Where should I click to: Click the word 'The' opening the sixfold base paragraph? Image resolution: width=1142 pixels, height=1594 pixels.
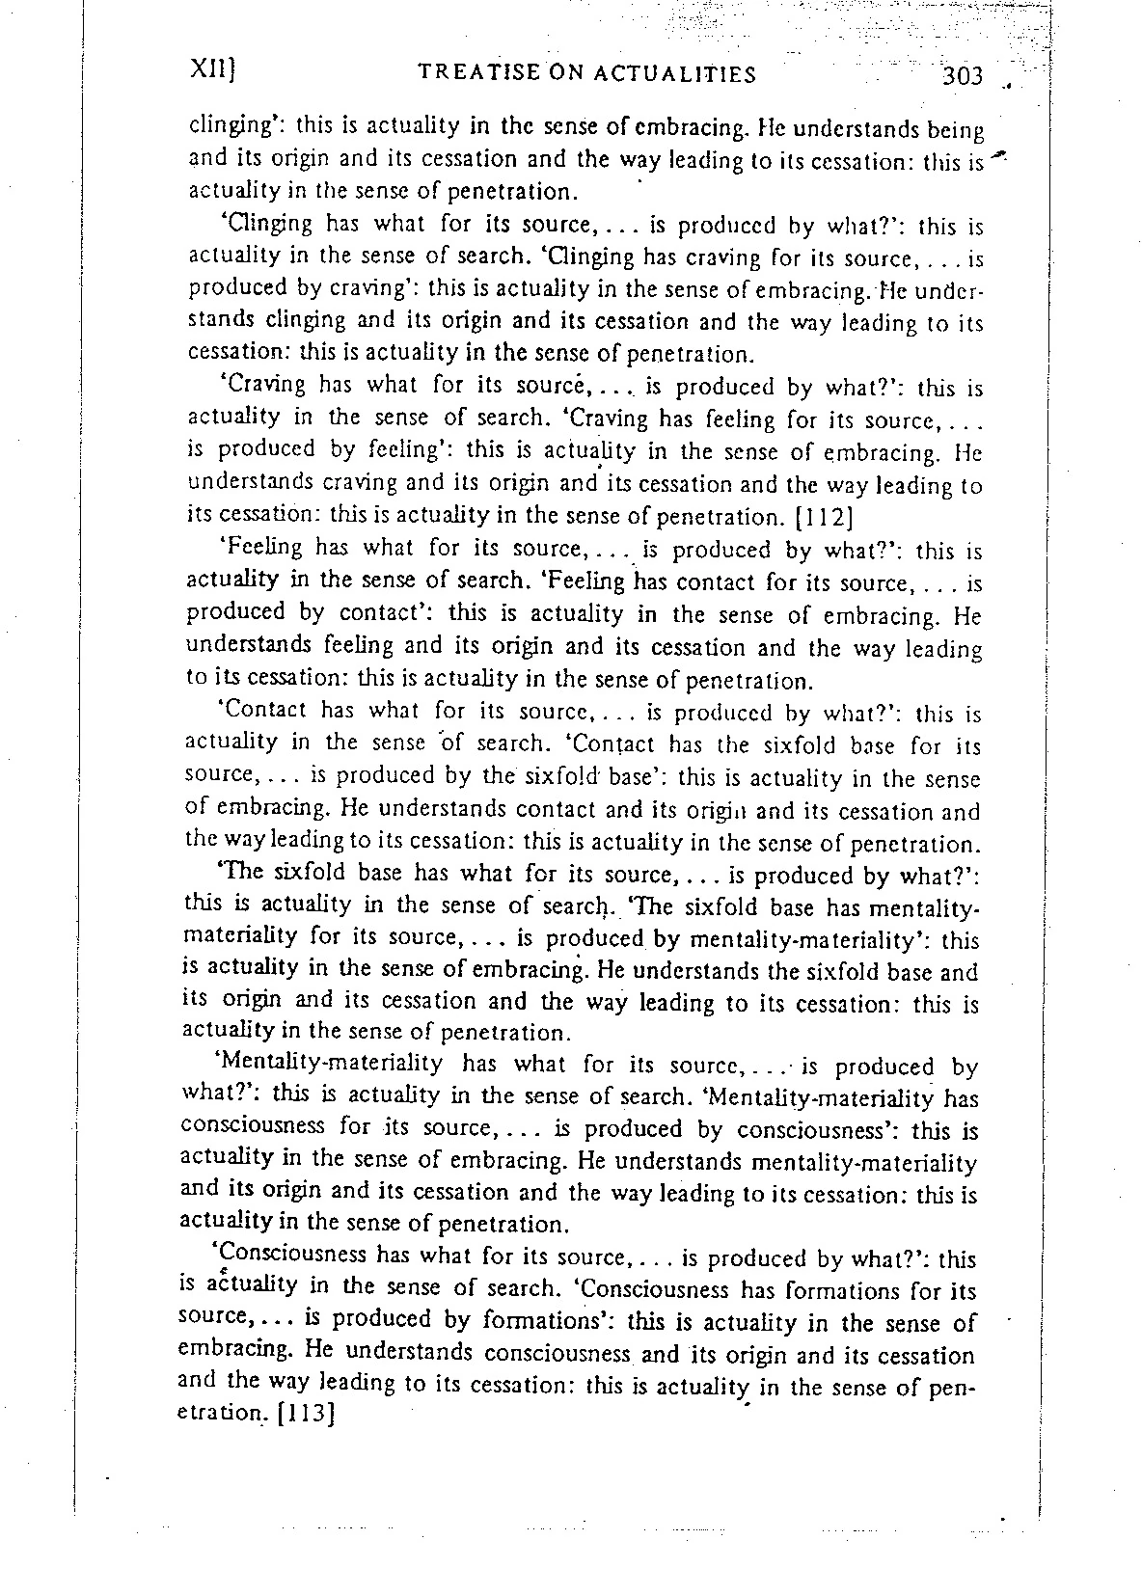coord(238,876)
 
